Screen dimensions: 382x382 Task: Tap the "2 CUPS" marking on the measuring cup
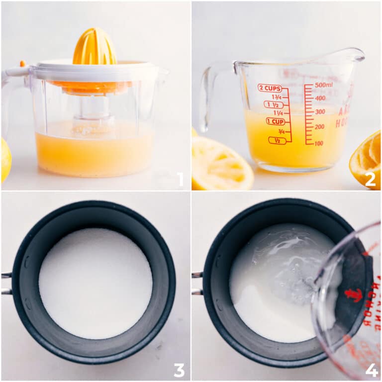coord(270,88)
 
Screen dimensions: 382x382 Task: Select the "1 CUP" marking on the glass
coord(275,121)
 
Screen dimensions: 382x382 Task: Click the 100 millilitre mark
coord(319,143)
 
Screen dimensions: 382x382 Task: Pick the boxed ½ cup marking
coord(277,140)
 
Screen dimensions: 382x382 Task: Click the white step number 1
coord(180,180)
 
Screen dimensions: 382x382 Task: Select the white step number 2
coord(370,180)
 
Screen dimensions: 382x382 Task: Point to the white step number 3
coord(179,370)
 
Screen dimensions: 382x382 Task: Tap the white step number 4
coord(371,370)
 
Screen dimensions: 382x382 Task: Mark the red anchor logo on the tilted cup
coord(354,294)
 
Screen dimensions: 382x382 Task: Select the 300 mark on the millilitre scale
coord(320,112)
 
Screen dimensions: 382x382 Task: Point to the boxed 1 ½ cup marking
coord(274,104)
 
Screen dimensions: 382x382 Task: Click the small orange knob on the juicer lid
coord(22,63)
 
